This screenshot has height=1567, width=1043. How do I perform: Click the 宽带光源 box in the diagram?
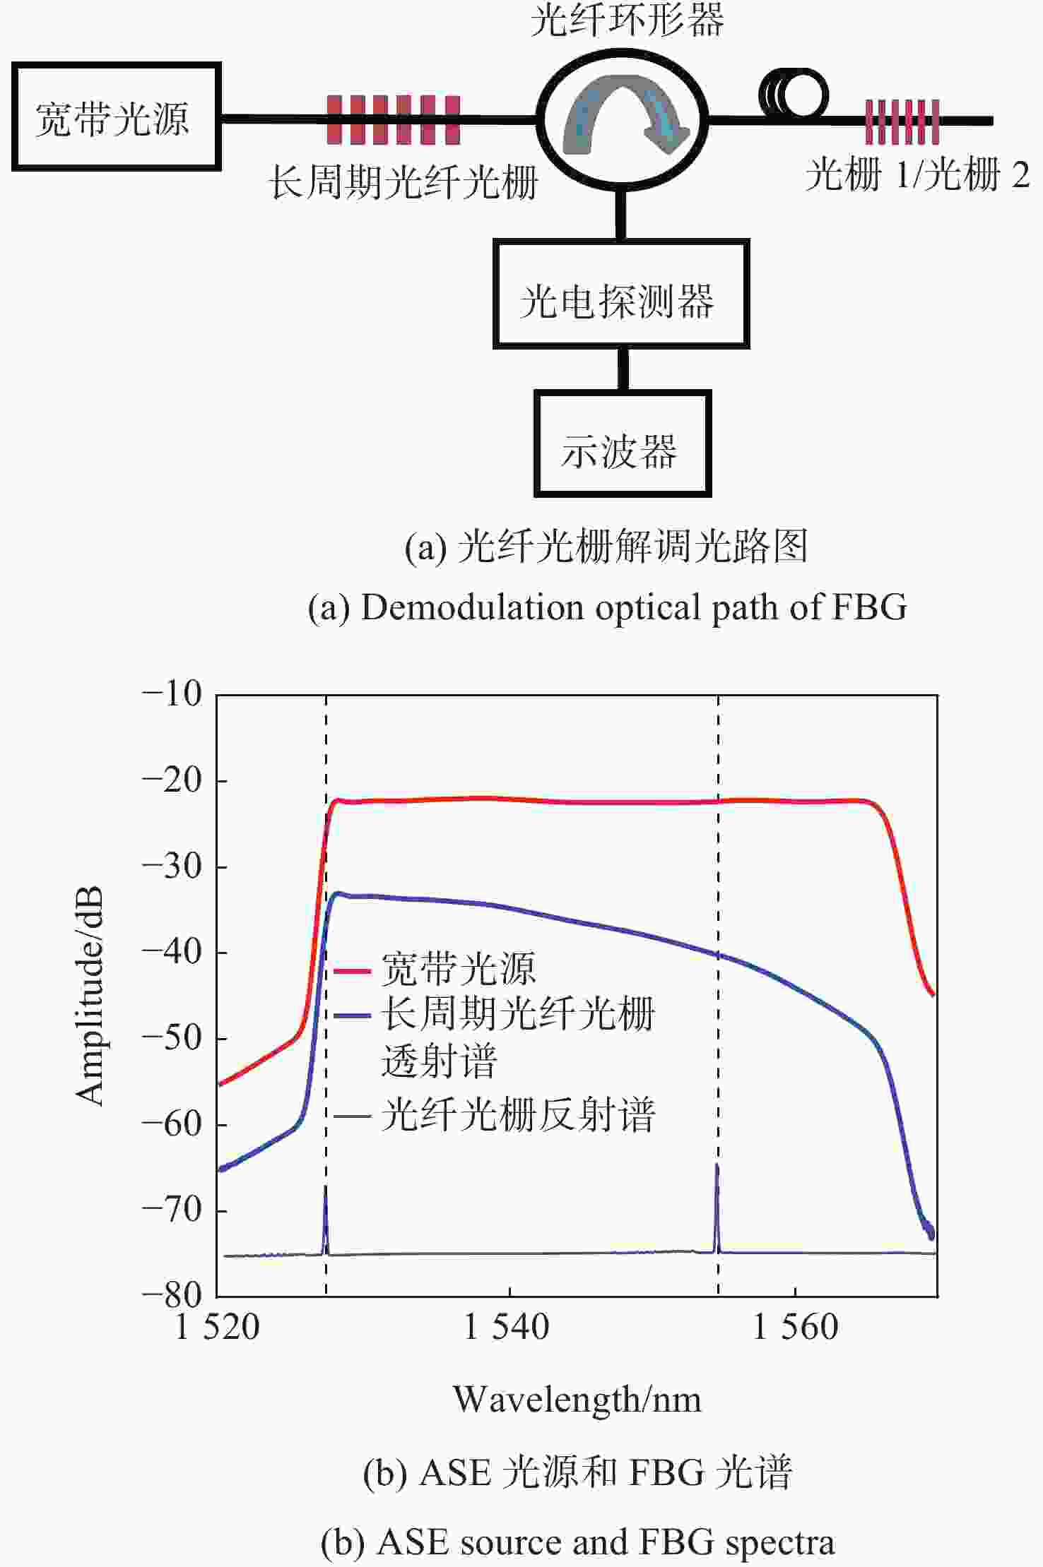(x=116, y=117)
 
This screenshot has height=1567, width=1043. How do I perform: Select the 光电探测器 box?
(x=620, y=294)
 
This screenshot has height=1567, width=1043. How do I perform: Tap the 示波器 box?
(x=622, y=444)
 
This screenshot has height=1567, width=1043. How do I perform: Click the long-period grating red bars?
(x=394, y=120)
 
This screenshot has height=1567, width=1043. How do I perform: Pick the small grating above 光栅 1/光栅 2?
(x=902, y=121)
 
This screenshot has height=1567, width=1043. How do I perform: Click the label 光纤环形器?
(x=627, y=21)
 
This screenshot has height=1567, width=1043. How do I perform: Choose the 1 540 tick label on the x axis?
(x=507, y=1327)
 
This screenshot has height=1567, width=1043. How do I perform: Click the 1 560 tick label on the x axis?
(x=796, y=1327)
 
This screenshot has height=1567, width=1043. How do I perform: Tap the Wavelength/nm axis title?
(x=577, y=1400)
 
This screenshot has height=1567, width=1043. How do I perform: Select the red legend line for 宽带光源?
(x=352, y=971)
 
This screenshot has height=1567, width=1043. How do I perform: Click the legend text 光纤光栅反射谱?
(x=518, y=1116)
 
